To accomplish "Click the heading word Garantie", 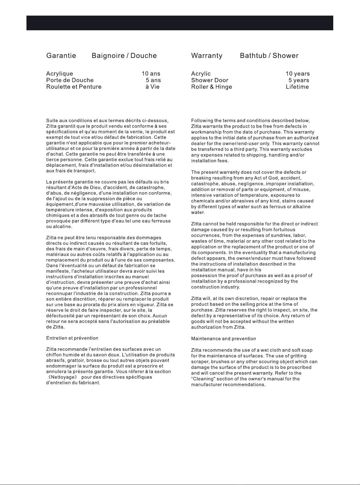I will (61, 56).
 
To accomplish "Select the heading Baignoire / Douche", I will (124, 56).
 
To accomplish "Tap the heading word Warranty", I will (207, 56).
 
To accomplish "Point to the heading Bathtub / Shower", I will (269, 56).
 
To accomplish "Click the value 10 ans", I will (151, 74).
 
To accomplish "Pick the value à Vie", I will (153, 87).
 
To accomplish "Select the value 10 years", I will (298, 74).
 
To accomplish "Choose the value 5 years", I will (299, 80).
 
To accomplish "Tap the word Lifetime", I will (297, 87).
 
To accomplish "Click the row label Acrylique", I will (60, 74).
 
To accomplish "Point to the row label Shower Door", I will (210, 80).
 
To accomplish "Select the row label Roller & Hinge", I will (212, 87).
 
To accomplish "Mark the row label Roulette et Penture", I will (74, 87).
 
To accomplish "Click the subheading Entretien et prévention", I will (72, 338).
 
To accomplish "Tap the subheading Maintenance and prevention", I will (224, 339).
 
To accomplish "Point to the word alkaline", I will (299, 207).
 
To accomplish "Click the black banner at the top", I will (180, 23).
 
